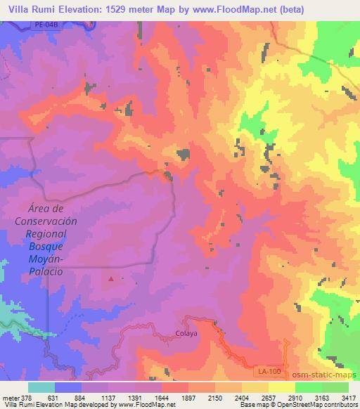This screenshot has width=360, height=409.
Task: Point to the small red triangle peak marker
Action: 111,279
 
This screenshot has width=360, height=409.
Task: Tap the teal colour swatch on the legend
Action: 41,387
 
